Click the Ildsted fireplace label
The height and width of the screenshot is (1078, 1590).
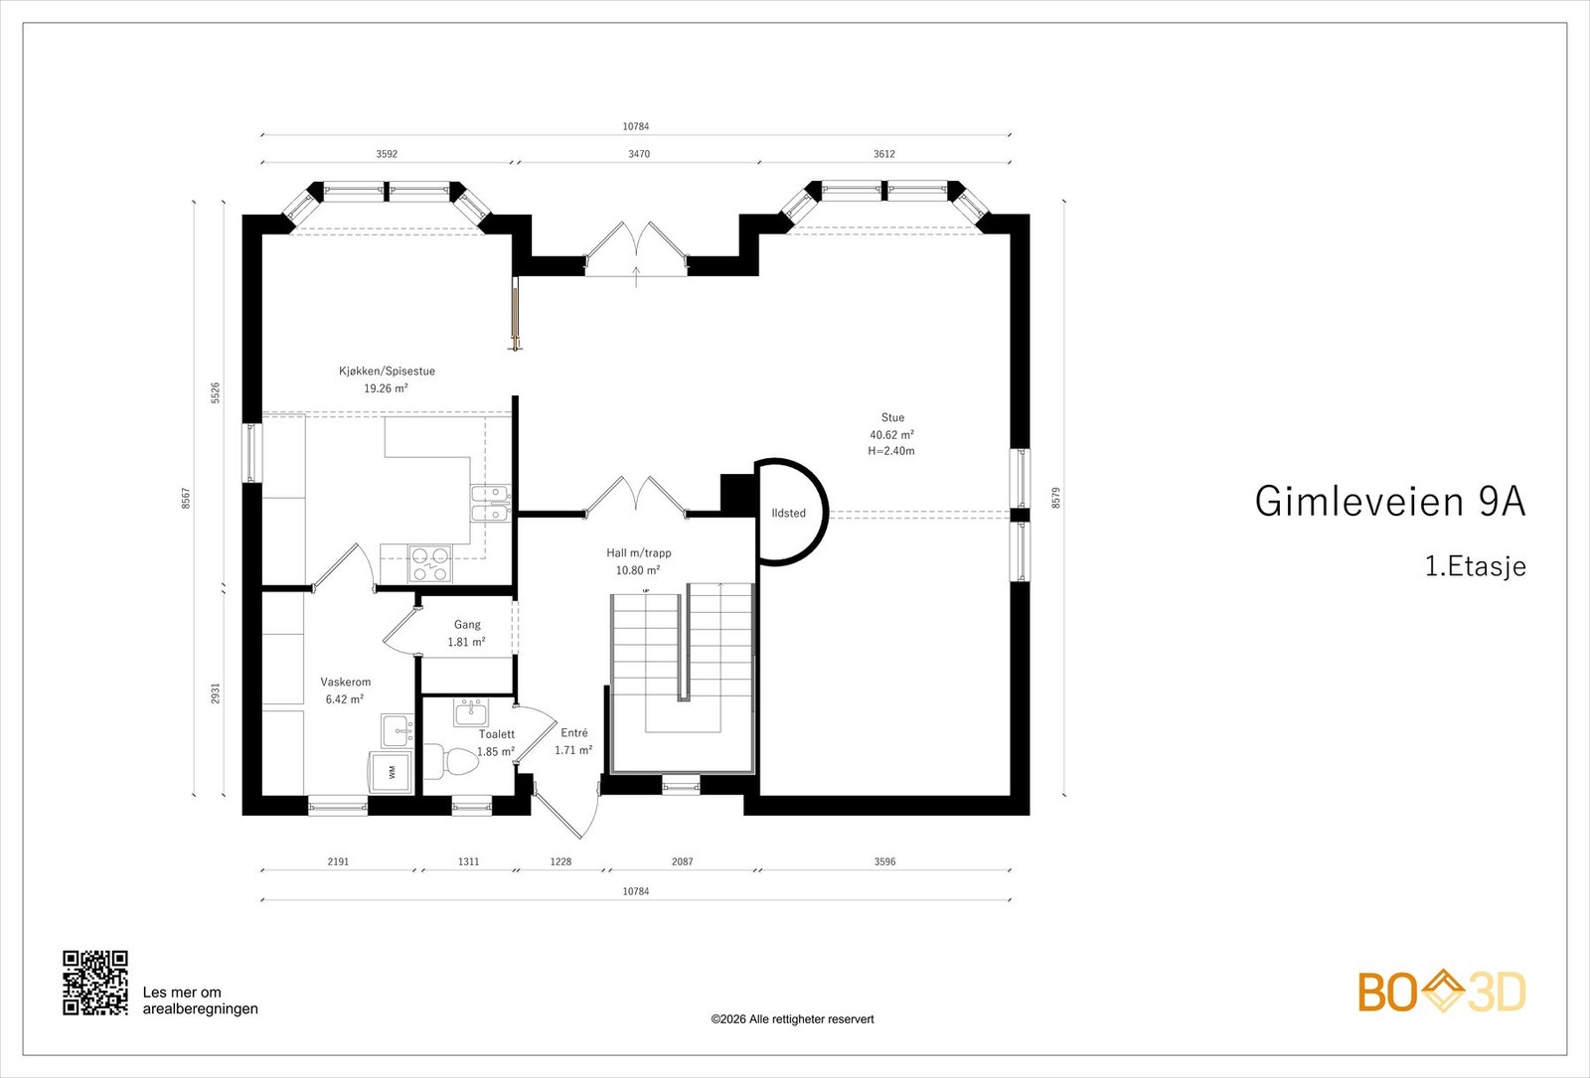789,513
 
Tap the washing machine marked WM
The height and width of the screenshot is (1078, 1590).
390,772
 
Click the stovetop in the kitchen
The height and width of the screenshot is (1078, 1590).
430,563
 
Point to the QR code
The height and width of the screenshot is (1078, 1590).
95,983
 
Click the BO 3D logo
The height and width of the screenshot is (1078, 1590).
1442,992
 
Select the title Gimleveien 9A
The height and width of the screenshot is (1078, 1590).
1390,502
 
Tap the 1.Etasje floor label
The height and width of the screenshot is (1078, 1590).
1475,566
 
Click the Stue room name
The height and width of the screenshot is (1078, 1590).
893,417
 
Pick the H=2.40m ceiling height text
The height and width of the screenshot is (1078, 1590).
891,451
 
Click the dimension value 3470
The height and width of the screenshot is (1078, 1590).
639,153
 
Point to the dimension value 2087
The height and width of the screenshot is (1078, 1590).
682,861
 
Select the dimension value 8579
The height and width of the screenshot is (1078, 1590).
1055,497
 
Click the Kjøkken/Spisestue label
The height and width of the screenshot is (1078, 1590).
387,371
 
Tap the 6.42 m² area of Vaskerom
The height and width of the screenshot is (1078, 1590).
345,699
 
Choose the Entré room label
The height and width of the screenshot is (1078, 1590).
574,733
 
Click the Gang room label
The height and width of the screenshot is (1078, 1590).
467,625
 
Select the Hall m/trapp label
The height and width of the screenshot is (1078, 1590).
639,552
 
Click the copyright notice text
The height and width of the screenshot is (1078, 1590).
792,1019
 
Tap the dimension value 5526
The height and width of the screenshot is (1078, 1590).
215,392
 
